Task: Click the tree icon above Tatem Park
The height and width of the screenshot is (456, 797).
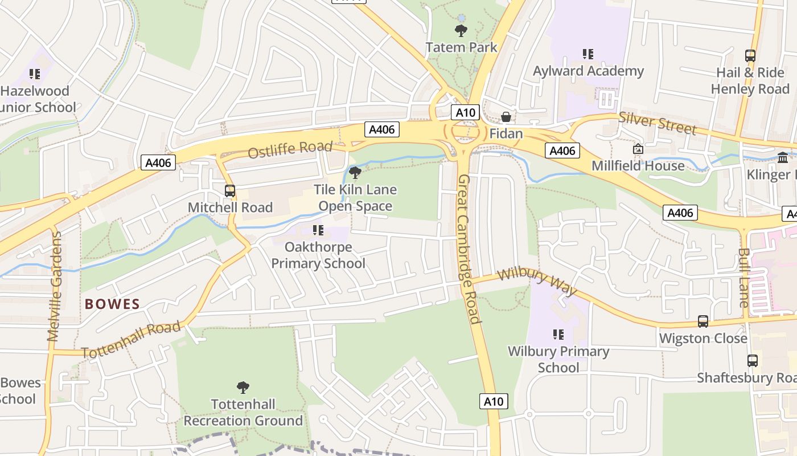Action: [461, 30]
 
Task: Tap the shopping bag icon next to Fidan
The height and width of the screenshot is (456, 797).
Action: [506, 117]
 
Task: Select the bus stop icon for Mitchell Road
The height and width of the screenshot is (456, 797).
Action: [230, 191]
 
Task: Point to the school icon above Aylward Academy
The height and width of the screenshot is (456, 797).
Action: [588, 54]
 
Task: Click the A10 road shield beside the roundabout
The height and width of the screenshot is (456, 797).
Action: [465, 112]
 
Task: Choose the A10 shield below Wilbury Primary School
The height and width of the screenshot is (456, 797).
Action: [493, 401]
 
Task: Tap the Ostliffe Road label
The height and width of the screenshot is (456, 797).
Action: [290, 150]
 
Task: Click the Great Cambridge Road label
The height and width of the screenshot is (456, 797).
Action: [470, 249]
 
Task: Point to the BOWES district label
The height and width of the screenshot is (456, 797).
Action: [112, 304]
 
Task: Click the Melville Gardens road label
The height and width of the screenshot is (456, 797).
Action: [55, 286]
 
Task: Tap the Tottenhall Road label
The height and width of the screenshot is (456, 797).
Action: [131, 340]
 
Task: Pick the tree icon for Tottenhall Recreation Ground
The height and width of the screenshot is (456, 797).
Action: [243, 388]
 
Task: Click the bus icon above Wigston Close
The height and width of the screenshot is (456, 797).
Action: [703, 321]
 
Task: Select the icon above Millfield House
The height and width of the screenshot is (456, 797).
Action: [638, 149]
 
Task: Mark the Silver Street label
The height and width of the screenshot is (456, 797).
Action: [658, 123]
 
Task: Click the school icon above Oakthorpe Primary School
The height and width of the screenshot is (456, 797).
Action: [318, 230]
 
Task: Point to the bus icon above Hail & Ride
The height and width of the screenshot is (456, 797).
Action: [750, 56]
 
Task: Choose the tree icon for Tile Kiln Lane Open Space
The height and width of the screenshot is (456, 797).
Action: [355, 172]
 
